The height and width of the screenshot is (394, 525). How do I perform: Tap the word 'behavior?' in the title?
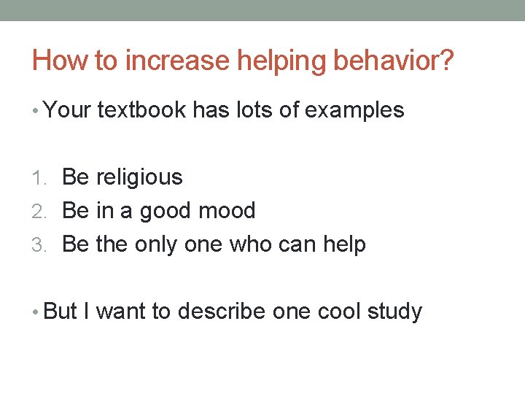click(x=393, y=61)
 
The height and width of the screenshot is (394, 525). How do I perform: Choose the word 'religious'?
click(x=139, y=177)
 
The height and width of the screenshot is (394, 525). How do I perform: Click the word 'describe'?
click(x=222, y=312)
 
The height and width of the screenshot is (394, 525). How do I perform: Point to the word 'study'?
click(x=394, y=312)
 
